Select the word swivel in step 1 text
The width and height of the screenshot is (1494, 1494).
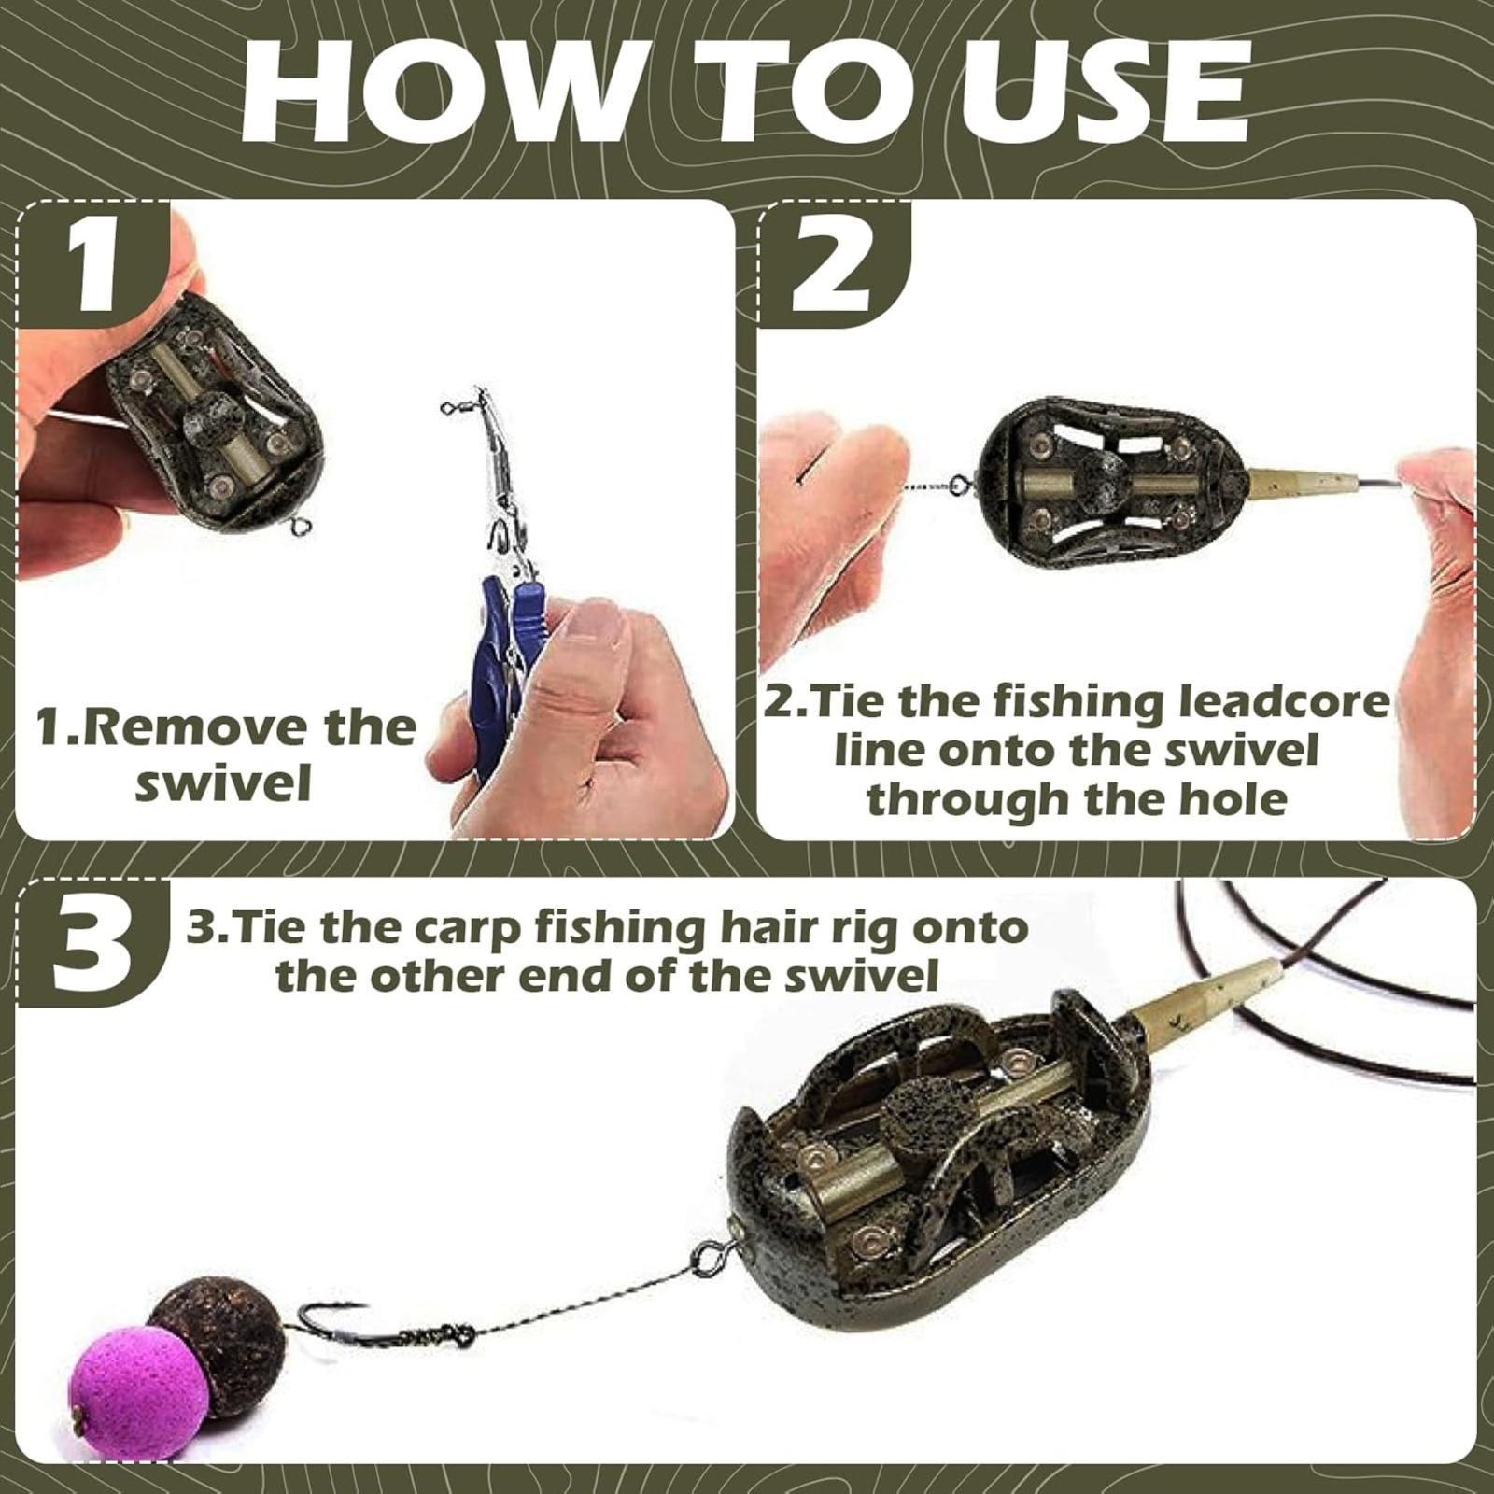(x=223, y=782)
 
